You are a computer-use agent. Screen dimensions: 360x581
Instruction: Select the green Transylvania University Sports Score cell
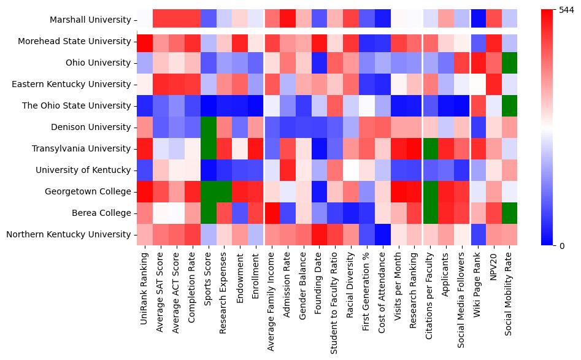[x=208, y=148]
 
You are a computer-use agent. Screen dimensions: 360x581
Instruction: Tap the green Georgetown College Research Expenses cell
[x=224, y=191]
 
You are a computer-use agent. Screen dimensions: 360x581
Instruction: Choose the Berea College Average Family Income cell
[x=272, y=213]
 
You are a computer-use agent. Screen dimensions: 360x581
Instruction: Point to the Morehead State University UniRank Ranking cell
[x=145, y=41]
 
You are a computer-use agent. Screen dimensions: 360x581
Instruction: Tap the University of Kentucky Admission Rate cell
[x=288, y=170]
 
